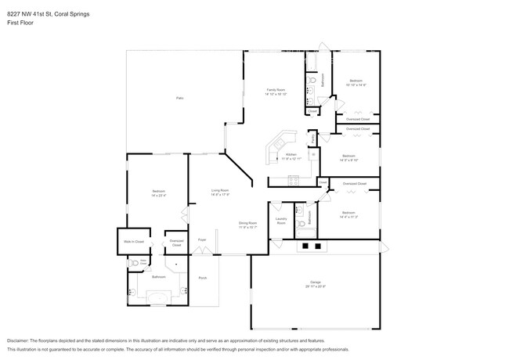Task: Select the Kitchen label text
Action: (291, 155)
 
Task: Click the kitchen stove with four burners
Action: (294, 181)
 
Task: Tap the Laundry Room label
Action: (281, 221)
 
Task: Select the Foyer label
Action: (201, 239)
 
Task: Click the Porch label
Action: (202, 278)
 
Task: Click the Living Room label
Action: (219, 190)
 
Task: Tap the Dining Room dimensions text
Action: (247, 228)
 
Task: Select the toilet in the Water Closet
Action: (135, 264)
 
